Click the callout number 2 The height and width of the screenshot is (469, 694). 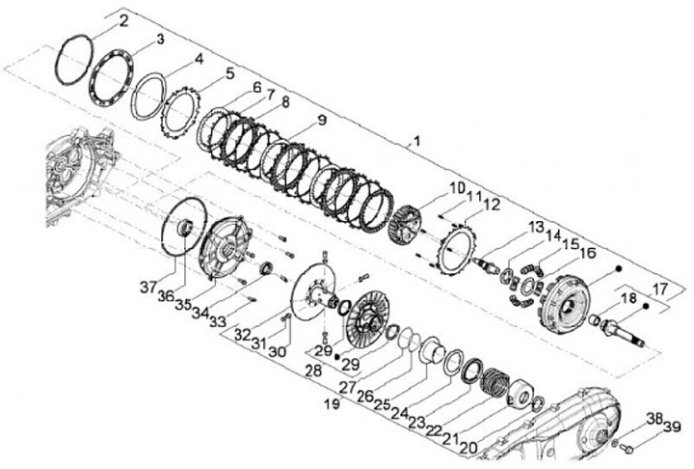(123, 21)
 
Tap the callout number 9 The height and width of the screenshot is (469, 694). (321, 120)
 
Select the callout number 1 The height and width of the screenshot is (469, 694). (416, 142)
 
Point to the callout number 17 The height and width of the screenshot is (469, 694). (659, 290)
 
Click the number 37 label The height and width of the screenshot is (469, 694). (148, 288)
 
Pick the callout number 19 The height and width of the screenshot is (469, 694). (333, 404)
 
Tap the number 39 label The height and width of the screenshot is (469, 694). (672, 427)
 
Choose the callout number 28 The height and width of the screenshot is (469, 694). (313, 371)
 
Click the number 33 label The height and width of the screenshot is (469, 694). (217, 321)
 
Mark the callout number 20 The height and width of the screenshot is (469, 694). (469, 448)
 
